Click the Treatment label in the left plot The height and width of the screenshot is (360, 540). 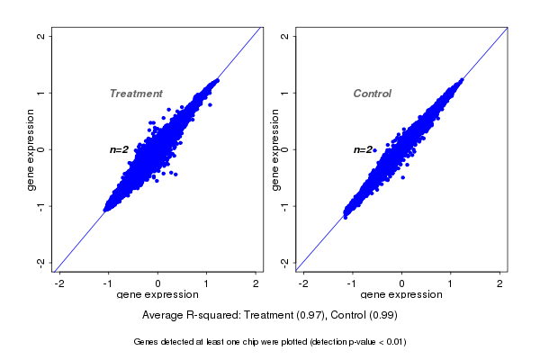point(136,94)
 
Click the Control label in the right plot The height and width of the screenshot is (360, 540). point(373,94)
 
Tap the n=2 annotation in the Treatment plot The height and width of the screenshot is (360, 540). point(120,149)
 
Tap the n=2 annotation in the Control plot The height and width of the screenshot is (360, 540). point(364,149)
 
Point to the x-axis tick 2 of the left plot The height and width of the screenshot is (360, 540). point(256,283)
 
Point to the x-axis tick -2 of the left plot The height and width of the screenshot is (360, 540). point(60,283)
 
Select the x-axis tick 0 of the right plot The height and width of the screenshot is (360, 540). point(401,283)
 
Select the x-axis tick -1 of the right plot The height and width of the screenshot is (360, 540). point(353,283)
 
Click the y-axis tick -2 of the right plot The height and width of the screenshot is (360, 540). point(285,262)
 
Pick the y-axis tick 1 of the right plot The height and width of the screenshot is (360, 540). point(285,93)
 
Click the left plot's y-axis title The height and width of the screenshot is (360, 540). point(31,149)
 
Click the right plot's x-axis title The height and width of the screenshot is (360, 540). point(401,295)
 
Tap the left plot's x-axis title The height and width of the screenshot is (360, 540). point(157,295)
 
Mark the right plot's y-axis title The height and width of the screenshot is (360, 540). point(274,149)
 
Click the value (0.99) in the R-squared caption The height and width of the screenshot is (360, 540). point(382,316)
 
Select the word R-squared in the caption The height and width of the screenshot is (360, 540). point(210,316)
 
